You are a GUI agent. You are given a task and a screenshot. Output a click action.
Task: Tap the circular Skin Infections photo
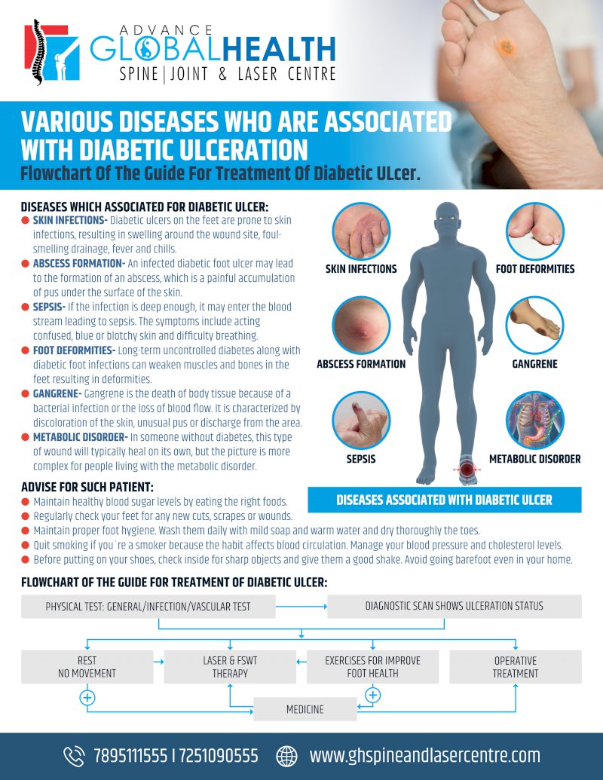tap(361, 231)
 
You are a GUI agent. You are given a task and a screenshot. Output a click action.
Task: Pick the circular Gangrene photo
tap(534, 326)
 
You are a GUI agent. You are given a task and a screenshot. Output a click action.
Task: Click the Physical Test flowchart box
tap(148, 606)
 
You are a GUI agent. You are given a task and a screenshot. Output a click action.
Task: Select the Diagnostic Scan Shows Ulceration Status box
tap(454, 606)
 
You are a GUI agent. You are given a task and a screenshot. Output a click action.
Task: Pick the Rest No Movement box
tap(87, 666)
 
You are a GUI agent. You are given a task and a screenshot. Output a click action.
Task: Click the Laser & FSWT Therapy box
tap(230, 666)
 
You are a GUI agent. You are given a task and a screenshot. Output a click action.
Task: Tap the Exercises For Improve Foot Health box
tap(372, 666)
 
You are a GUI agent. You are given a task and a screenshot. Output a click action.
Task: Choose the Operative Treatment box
tap(516, 666)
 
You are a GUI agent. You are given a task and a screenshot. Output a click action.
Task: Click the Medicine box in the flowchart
tap(305, 709)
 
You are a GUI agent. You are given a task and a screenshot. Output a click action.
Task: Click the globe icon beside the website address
tap(287, 755)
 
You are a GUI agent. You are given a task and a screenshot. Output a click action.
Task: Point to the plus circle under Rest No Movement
tap(87, 698)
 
